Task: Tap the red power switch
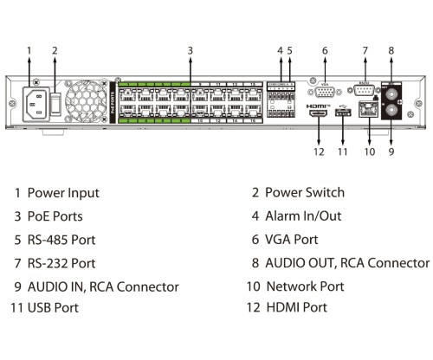[55, 104]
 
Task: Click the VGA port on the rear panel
[325, 93]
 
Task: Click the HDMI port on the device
[318, 114]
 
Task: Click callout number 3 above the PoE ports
[190, 50]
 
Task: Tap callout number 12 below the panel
[318, 151]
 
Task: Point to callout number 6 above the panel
[325, 50]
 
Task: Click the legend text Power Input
[63, 193]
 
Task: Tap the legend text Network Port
[306, 286]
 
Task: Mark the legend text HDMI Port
[296, 307]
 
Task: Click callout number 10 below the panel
[370, 151]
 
